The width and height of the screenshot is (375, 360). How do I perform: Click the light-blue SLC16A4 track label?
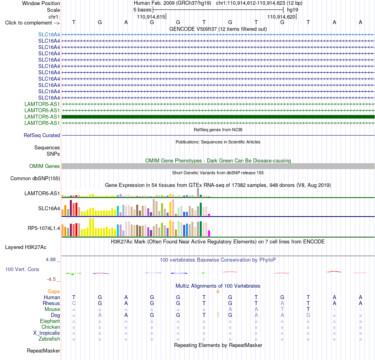tap(49, 34)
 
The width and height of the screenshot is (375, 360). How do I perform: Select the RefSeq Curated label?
tap(42, 135)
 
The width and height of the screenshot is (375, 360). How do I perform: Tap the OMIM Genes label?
tap(45, 166)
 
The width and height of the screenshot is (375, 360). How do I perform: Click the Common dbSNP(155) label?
tap(35, 178)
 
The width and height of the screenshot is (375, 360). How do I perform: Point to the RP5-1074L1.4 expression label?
tap(44, 228)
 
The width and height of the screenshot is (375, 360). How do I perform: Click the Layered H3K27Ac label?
tap(26, 247)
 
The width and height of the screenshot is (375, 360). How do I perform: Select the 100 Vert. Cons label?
tap(22, 269)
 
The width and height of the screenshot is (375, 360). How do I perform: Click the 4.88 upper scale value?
tap(51, 260)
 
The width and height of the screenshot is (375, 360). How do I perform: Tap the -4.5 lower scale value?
tap(51, 279)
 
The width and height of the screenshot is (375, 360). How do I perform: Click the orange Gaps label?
tap(54, 291)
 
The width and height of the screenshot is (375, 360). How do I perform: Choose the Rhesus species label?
tap(51, 303)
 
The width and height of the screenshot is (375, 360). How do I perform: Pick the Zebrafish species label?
tap(49, 339)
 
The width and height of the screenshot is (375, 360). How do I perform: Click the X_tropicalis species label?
tap(47, 333)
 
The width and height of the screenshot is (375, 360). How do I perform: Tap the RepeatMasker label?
tap(43, 351)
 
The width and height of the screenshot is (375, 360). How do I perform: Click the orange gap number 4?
tap(217, 292)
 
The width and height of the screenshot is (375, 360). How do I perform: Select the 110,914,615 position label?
tap(151, 17)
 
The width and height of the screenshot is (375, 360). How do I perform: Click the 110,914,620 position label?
tap(281, 17)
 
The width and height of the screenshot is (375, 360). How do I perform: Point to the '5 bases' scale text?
tap(142, 10)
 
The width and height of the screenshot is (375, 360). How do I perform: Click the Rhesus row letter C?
tap(74, 303)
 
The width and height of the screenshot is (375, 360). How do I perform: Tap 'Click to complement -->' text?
tap(32, 23)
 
